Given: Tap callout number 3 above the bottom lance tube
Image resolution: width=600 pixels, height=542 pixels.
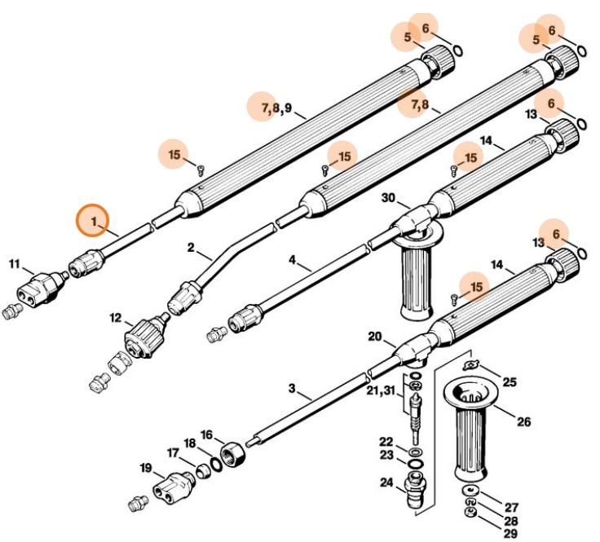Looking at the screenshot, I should [x=292, y=388].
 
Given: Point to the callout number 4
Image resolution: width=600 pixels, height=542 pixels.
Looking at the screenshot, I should [x=292, y=262].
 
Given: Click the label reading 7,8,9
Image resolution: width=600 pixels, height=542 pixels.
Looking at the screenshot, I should [x=276, y=108].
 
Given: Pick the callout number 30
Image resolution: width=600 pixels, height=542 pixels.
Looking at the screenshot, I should [x=388, y=199].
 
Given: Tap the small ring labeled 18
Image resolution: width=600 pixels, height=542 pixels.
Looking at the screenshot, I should [x=215, y=464].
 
